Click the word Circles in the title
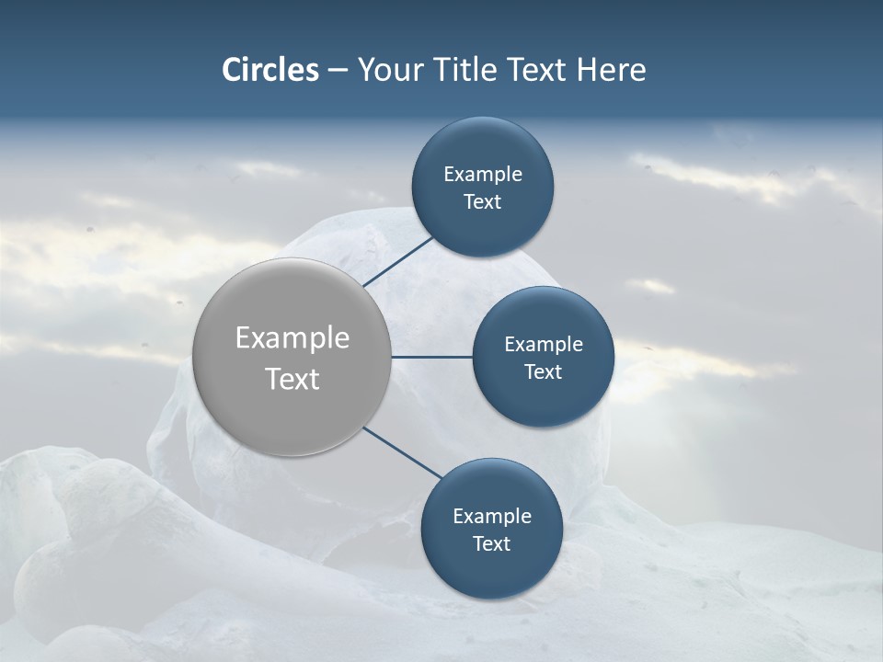(x=270, y=70)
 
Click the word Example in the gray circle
(x=292, y=337)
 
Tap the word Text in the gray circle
(x=292, y=379)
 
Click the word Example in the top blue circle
(x=483, y=175)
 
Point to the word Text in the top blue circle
(x=482, y=202)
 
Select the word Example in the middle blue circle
(x=544, y=345)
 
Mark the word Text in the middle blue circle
(x=543, y=372)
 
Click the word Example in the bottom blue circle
(x=492, y=517)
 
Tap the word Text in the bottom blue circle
(x=491, y=544)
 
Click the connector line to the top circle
(x=397, y=261)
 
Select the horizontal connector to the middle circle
(x=432, y=357)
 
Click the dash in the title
(x=338, y=70)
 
